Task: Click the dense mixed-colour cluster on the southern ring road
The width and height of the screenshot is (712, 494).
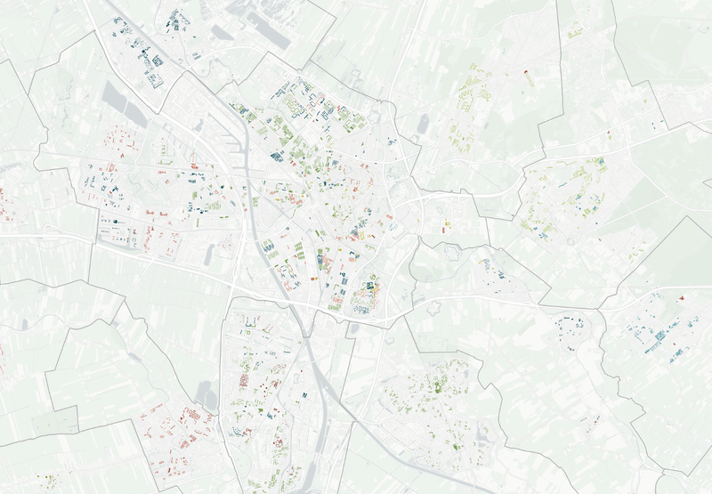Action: click(x=365, y=298)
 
